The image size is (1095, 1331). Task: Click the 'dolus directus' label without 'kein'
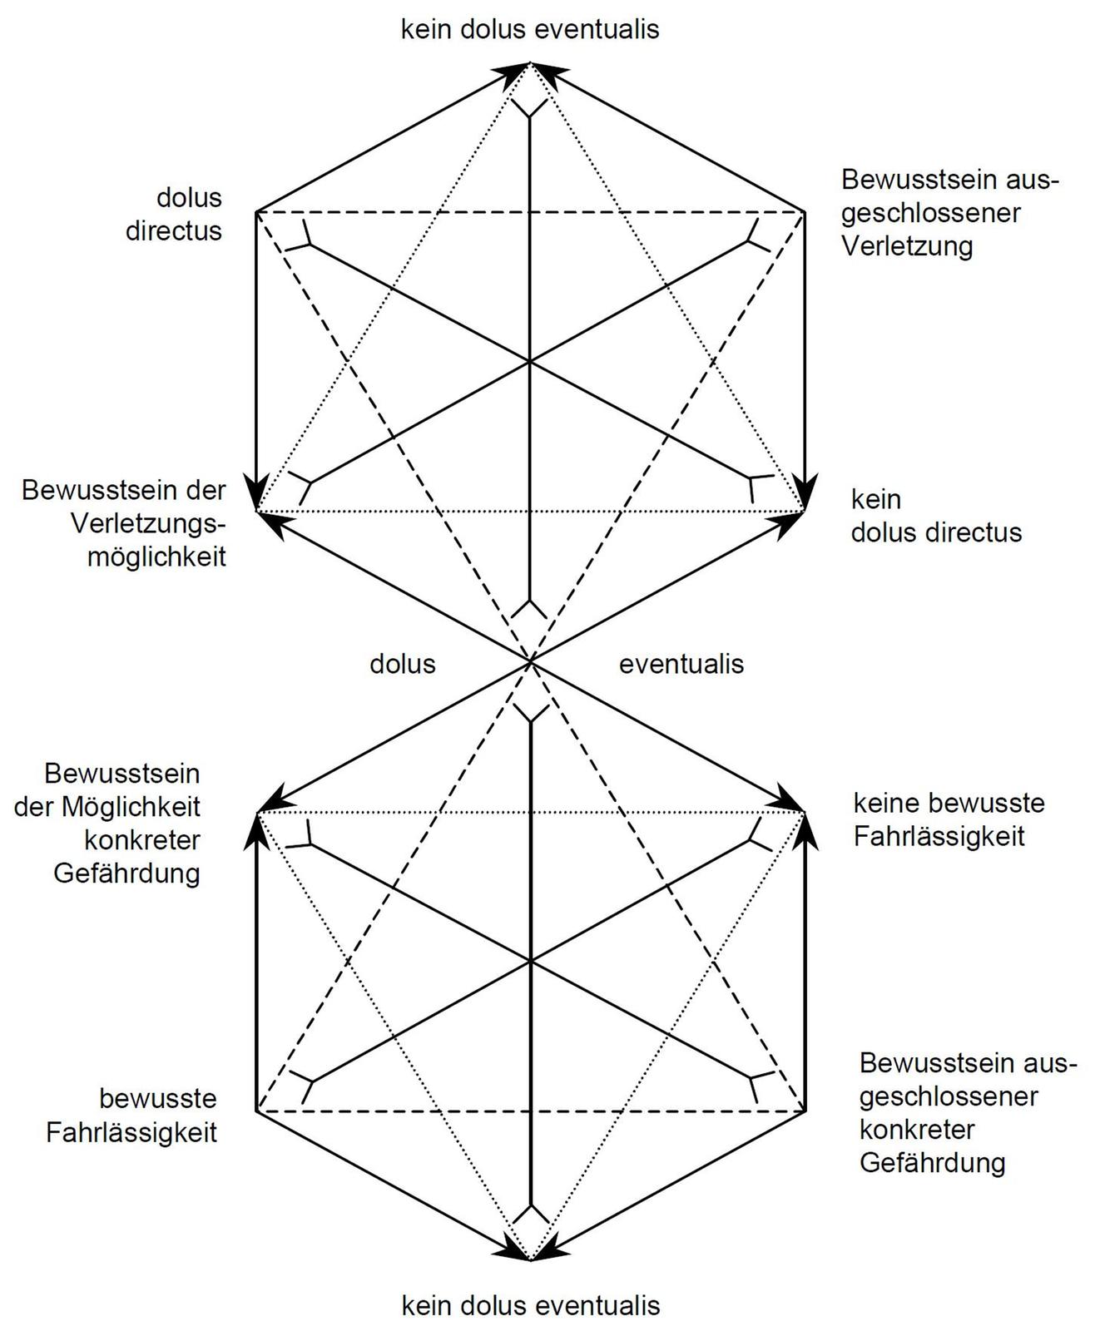click(x=174, y=214)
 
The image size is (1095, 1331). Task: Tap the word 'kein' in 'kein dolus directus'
click(x=875, y=499)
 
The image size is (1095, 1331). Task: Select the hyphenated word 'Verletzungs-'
click(x=148, y=523)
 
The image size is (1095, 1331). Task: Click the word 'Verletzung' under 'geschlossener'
click(x=906, y=246)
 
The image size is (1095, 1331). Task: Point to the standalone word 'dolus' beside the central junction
click(x=403, y=664)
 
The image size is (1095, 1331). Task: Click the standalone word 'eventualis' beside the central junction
click(x=681, y=664)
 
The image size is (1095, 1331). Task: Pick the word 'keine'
click(x=888, y=803)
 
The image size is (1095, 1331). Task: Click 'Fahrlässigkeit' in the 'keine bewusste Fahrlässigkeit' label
click(x=939, y=836)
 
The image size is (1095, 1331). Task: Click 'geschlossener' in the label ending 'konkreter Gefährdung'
click(x=949, y=1096)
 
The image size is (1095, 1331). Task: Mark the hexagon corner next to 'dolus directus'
click(x=256, y=212)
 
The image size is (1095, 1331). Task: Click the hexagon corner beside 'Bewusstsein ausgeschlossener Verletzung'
click(x=805, y=212)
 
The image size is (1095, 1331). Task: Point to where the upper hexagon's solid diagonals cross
click(x=530, y=362)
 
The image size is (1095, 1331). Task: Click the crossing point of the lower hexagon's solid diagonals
click(x=530, y=961)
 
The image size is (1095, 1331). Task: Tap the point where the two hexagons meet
click(x=530, y=661)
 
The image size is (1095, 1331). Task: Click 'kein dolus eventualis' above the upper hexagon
click(x=530, y=29)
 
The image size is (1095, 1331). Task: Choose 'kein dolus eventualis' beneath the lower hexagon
click(x=530, y=1305)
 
